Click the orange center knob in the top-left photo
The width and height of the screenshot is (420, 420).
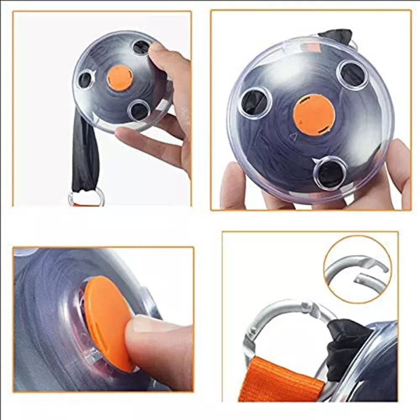pos(120,78)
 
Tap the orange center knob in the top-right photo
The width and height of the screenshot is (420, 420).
pos(314,115)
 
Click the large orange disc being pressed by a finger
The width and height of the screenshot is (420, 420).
pos(107,319)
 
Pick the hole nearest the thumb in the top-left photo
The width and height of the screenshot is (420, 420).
pos(141,47)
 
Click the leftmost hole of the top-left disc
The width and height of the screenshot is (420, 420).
pos(85,79)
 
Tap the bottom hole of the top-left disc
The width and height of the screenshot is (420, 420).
pos(139,111)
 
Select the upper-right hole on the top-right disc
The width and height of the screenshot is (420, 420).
pos(352,75)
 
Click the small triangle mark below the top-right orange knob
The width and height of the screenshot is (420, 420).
pos(294,136)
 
